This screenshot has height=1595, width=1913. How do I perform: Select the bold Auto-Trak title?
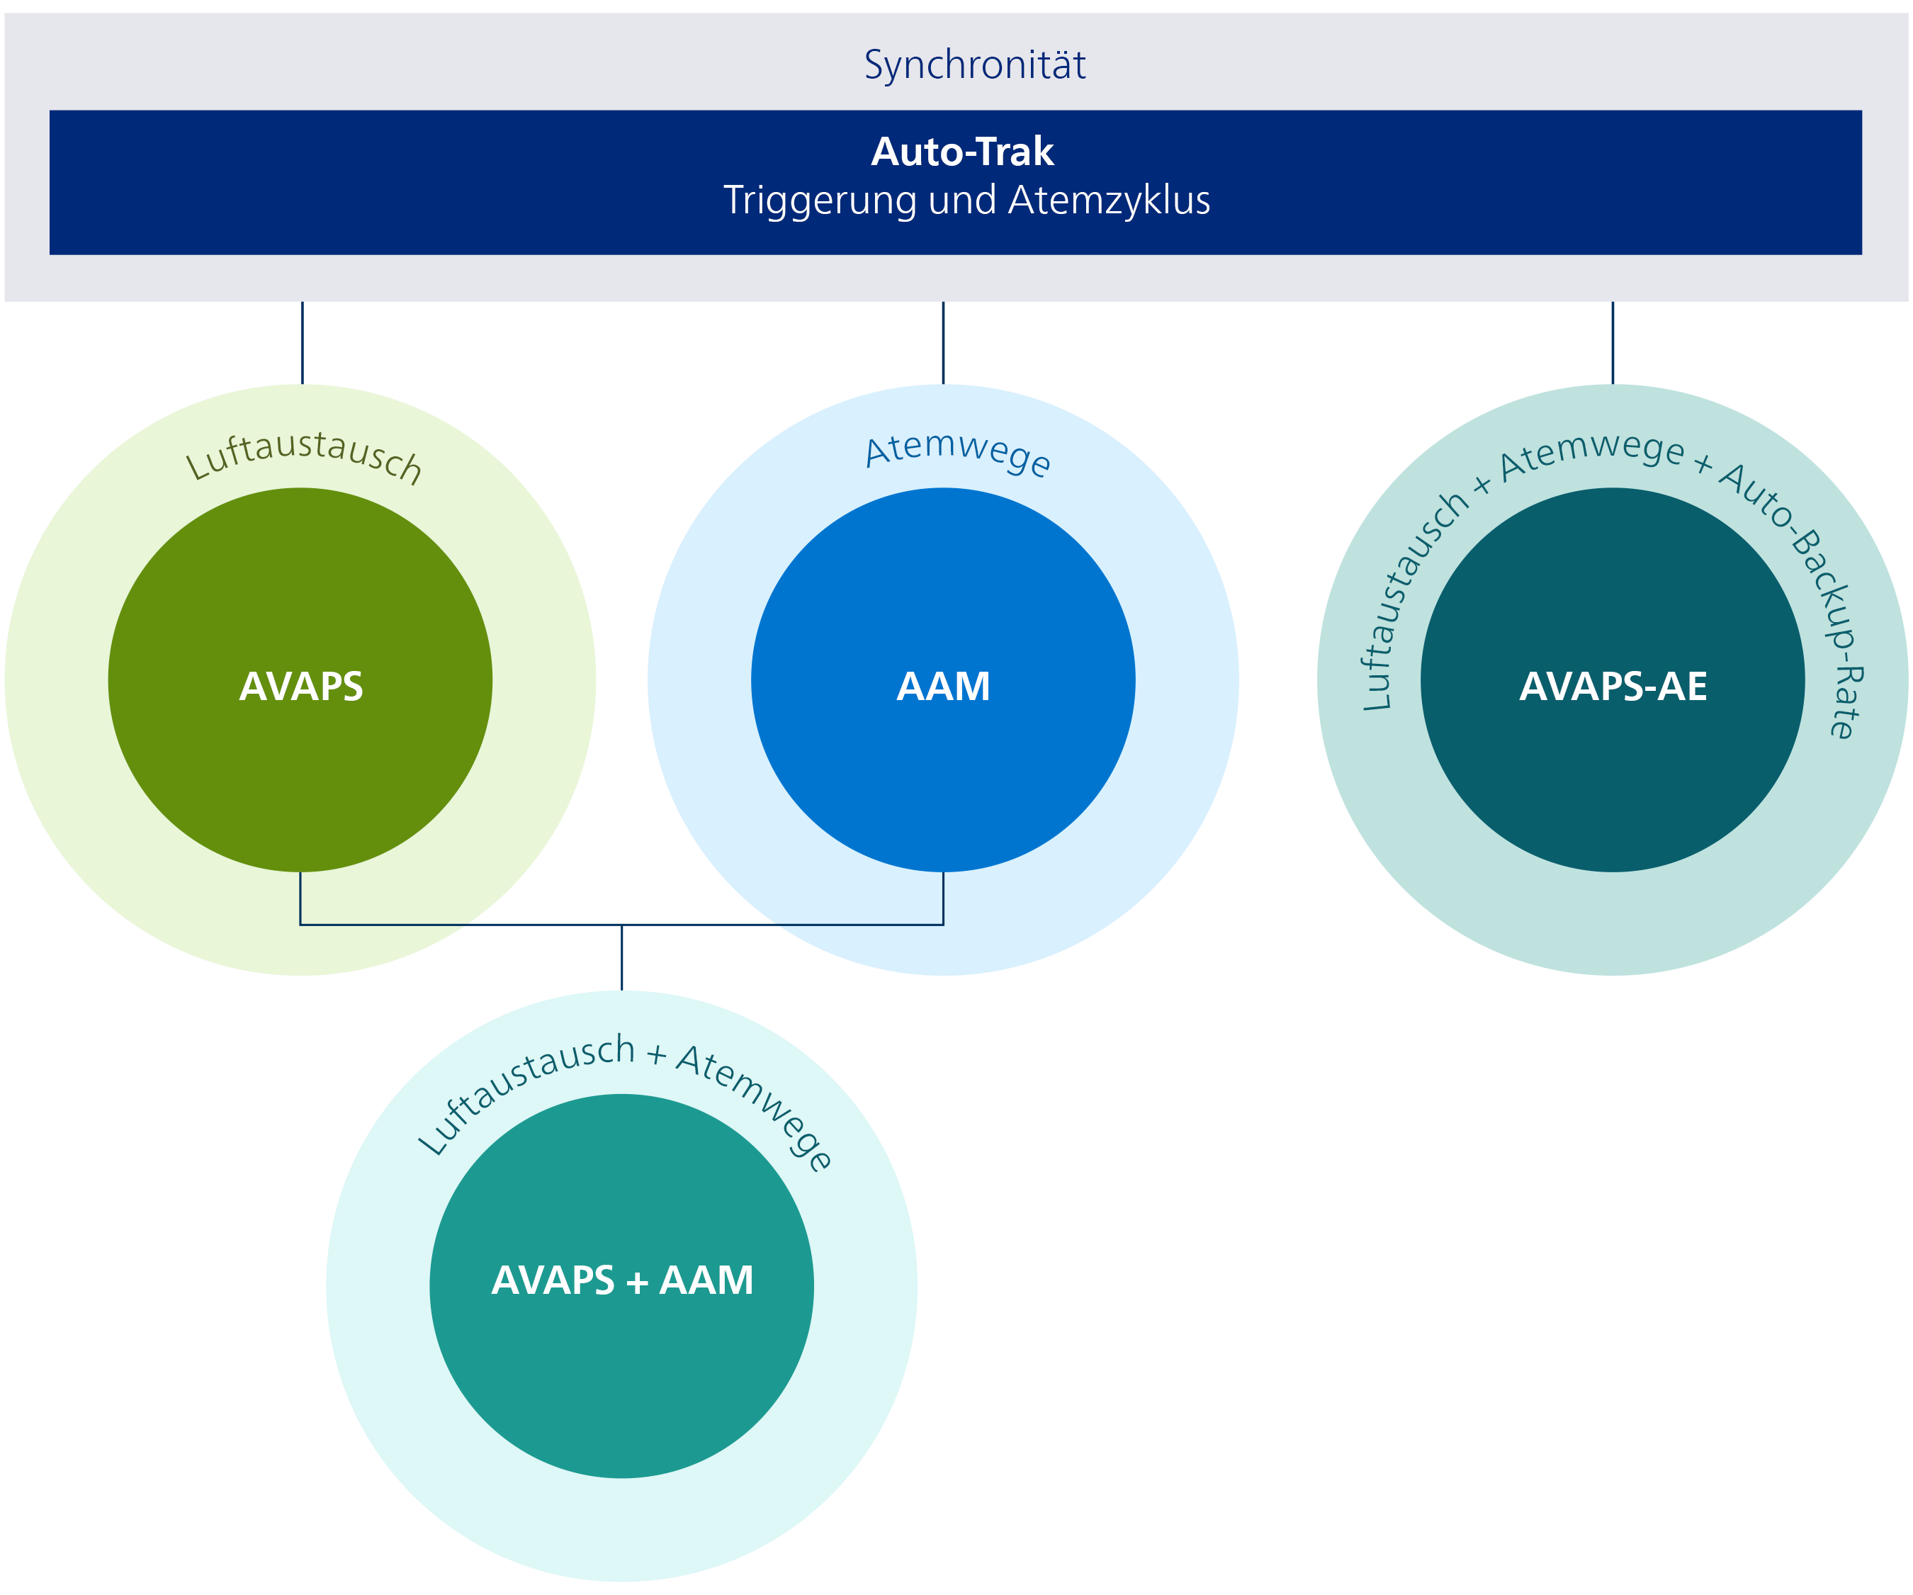[x=962, y=151]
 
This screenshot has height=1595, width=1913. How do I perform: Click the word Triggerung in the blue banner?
[x=819, y=201]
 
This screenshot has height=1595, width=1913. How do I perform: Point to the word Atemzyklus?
[x=1109, y=201]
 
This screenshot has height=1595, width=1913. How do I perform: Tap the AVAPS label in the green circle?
[x=300, y=687]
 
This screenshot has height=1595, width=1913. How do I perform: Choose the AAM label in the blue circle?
[x=943, y=687]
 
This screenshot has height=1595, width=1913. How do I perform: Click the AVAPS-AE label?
[x=1613, y=687]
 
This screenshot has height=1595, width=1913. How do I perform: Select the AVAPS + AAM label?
[x=622, y=1280]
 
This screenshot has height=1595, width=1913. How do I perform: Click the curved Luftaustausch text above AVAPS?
[x=303, y=456]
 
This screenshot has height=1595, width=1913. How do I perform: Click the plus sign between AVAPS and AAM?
[x=637, y=1283]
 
